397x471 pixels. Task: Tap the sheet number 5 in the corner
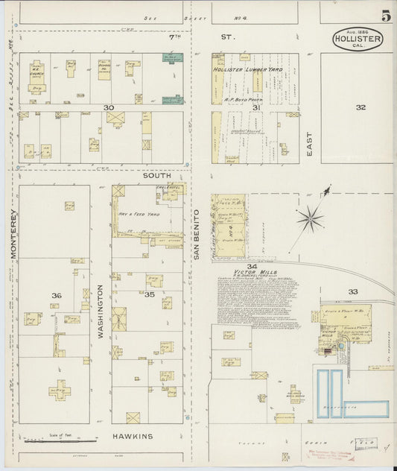click(386, 16)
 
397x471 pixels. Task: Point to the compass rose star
click(309, 219)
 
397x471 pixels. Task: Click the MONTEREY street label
click(13, 233)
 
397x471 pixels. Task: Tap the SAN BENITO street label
click(197, 234)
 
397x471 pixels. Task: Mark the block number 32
click(361, 107)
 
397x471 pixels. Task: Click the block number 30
click(109, 108)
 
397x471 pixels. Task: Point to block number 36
click(56, 296)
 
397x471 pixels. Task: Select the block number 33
click(353, 291)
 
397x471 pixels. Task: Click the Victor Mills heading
click(255, 273)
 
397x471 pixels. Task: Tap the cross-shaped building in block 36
click(58, 389)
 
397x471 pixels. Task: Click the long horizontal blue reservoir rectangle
click(366, 409)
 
